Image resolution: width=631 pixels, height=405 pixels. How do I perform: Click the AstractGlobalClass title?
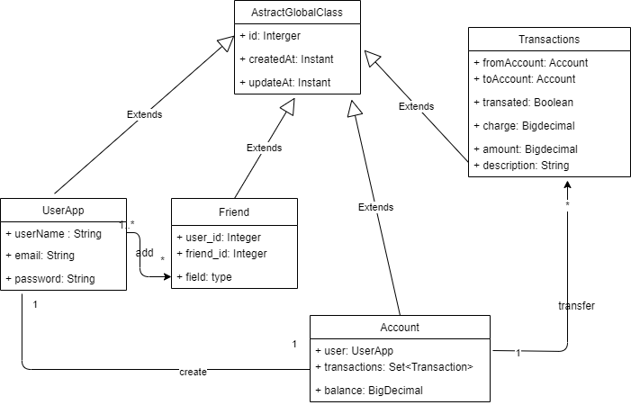(297, 13)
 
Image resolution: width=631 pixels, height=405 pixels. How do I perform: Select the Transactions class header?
(549, 40)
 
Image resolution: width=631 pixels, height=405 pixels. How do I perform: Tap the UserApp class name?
(63, 210)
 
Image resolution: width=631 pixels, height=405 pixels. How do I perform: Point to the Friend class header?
(234, 212)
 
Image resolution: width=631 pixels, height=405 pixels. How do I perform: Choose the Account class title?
(400, 328)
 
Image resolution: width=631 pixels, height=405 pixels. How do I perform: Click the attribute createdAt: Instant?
(286, 59)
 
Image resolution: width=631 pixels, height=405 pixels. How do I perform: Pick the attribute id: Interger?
(270, 36)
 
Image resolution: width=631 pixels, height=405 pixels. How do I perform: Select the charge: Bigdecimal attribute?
(524, 126)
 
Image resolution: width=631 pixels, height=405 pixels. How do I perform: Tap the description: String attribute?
(521, 165)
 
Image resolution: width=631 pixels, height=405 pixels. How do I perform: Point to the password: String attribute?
(50, 279)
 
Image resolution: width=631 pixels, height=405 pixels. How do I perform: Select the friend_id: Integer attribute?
(221, 254)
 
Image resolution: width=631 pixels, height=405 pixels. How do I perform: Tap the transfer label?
(576, 306)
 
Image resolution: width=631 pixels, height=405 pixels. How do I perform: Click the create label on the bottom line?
(193, 371)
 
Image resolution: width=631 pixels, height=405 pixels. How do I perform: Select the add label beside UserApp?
(144, 253)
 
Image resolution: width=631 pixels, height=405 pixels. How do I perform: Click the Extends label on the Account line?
(375, 207)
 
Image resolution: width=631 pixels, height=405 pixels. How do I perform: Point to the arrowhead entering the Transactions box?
(567, 184)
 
